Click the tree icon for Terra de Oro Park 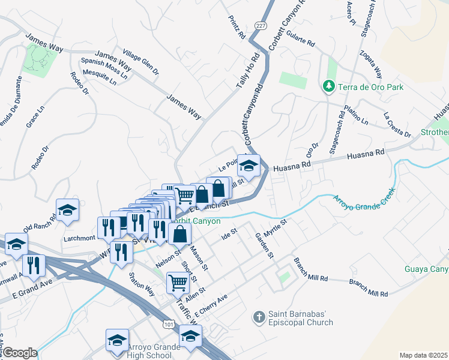328,87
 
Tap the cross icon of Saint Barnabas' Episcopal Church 259,316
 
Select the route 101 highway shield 170,323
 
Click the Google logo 20,353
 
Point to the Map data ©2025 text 423,355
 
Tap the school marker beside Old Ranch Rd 67,209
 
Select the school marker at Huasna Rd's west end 250,164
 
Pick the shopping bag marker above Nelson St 179,233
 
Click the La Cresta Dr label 397,124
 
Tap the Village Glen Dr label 140,62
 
